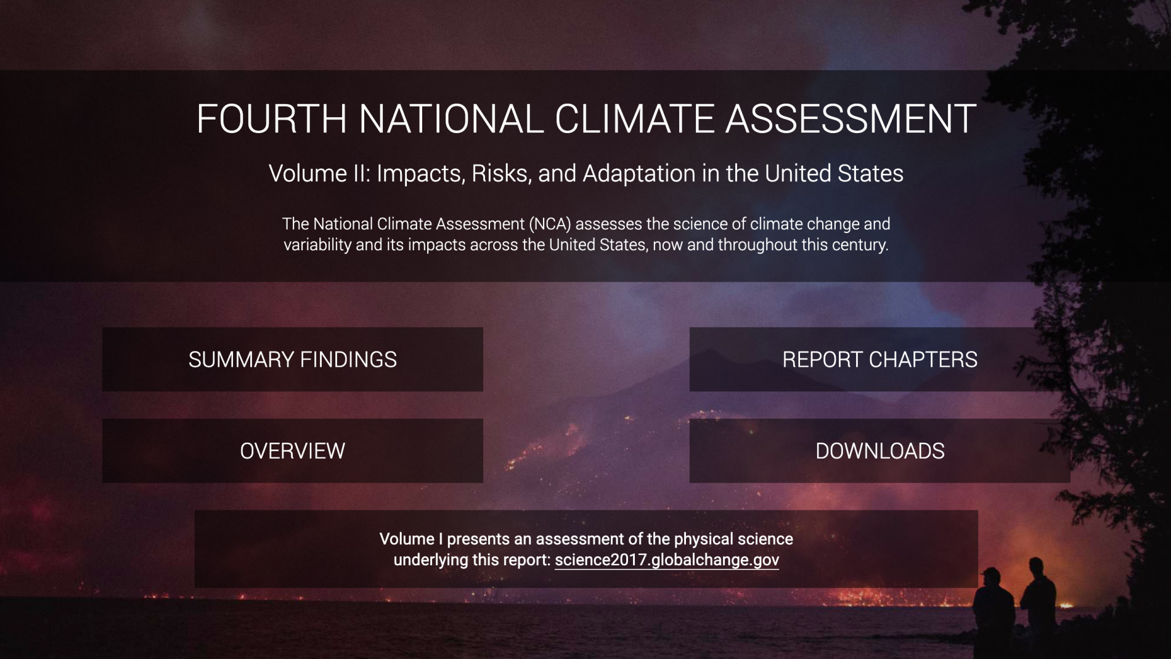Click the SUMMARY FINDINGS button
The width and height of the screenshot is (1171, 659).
(x=293, y=359)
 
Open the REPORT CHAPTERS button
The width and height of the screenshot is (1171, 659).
(x=879, y=359)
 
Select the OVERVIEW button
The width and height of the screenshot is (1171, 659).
(x=293, y=451)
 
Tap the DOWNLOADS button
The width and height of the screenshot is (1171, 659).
(x=879, y=451)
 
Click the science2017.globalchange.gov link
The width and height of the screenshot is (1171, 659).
(x=667, y=560)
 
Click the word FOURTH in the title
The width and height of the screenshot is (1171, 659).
(x=271, y=118)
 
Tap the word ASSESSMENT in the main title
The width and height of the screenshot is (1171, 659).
(x=851, y=118)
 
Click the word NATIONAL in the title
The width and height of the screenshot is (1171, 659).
(x=451, y=118)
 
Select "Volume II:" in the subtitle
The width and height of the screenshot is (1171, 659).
(x=319, y=174)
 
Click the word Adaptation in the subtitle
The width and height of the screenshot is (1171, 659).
(x=639, y=174)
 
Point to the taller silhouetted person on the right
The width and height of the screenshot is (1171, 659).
(x=1040, y=607)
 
